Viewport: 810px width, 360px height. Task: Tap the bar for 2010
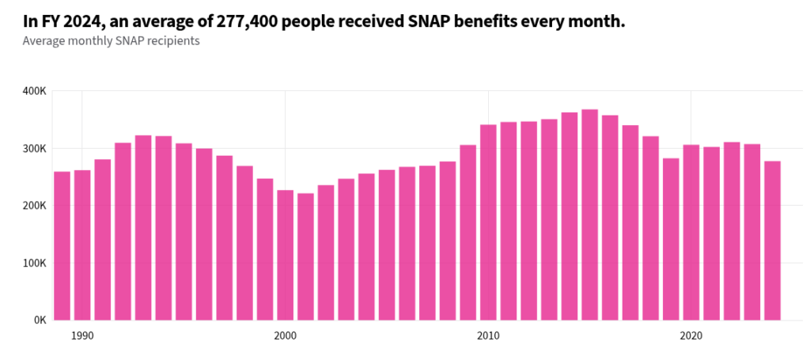click(x=488, y=222)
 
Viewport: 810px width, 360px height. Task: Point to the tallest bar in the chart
click(x=590, y=214)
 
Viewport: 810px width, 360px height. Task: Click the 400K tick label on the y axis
click(x=35, y=91)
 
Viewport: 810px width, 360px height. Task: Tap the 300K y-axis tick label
click(x=35, y=149)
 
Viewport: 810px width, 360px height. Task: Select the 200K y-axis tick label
click(x=35, y=206)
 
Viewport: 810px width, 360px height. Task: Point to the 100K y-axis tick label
click(x=35, y=263)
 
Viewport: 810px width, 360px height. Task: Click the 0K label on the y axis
click(x=40, y=320)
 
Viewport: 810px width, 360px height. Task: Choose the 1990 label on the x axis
click(x=82, y=335)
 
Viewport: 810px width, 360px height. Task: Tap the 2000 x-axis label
click(x=285, y=335)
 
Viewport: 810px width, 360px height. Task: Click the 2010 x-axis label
click(x=488, y=335)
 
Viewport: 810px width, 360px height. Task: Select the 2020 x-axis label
click(x=691, y=335)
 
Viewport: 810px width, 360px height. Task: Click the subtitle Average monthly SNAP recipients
click(x=112, y=41)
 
